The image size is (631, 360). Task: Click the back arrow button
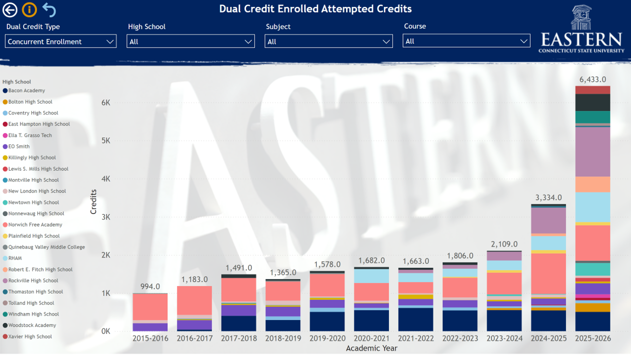(x=10, y=10)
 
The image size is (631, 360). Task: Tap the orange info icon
(x=29, y=10)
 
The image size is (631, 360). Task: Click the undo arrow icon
(x=49, y=10)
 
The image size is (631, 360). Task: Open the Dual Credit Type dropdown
(x=60, y=41)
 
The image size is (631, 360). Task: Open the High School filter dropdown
(x=190, y=41)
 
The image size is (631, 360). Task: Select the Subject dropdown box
(x=328, y=41)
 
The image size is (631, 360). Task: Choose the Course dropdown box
(x=466, y=41)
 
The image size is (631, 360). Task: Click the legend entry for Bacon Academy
(x=26, y=90)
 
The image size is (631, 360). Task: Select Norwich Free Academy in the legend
(x=35, y=225)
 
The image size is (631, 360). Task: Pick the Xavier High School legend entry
(x=30, y=336)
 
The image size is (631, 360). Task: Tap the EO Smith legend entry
(x=19, y=146)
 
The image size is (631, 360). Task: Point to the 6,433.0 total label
(x=592, y=79)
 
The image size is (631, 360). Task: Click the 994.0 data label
(x=150, y=286)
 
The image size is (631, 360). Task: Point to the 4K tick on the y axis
(x=105, y=179)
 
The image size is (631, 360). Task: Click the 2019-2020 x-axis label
(x=327, y=338)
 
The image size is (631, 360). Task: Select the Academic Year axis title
(x=371, y=348)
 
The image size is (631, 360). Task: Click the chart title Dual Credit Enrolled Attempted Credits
(x=315, y=9)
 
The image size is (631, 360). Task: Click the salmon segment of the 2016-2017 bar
(x=194, y=300)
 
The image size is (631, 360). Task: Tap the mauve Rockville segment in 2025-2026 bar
(x=592, y=151)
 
